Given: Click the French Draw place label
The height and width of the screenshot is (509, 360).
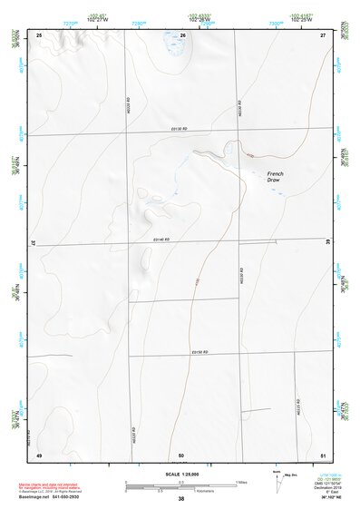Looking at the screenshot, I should [x=276, y=178].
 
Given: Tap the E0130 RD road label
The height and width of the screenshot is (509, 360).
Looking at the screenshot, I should [x=177, y=130].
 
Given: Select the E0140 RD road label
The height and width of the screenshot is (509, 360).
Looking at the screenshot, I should [x=162, y=240].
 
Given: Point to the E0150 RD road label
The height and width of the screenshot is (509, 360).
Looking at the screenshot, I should [x=200, y=351].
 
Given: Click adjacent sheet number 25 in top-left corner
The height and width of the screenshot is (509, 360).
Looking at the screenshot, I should [x=39, y=34].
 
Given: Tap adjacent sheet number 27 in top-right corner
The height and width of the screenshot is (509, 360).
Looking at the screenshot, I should [x=323, y=34].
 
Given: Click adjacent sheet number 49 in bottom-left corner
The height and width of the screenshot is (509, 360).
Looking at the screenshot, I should [x=39, y=454].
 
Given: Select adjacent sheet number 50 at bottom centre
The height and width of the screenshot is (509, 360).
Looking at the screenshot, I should [x=181, y=454].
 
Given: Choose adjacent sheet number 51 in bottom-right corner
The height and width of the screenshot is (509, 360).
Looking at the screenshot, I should [x=323, y=454].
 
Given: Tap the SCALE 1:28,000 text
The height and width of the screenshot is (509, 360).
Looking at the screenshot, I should [x=180, y=474].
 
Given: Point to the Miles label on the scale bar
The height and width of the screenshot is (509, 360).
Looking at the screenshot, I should [x=242, y=480].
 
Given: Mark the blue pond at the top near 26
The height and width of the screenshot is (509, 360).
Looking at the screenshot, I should [x=170, y=40].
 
